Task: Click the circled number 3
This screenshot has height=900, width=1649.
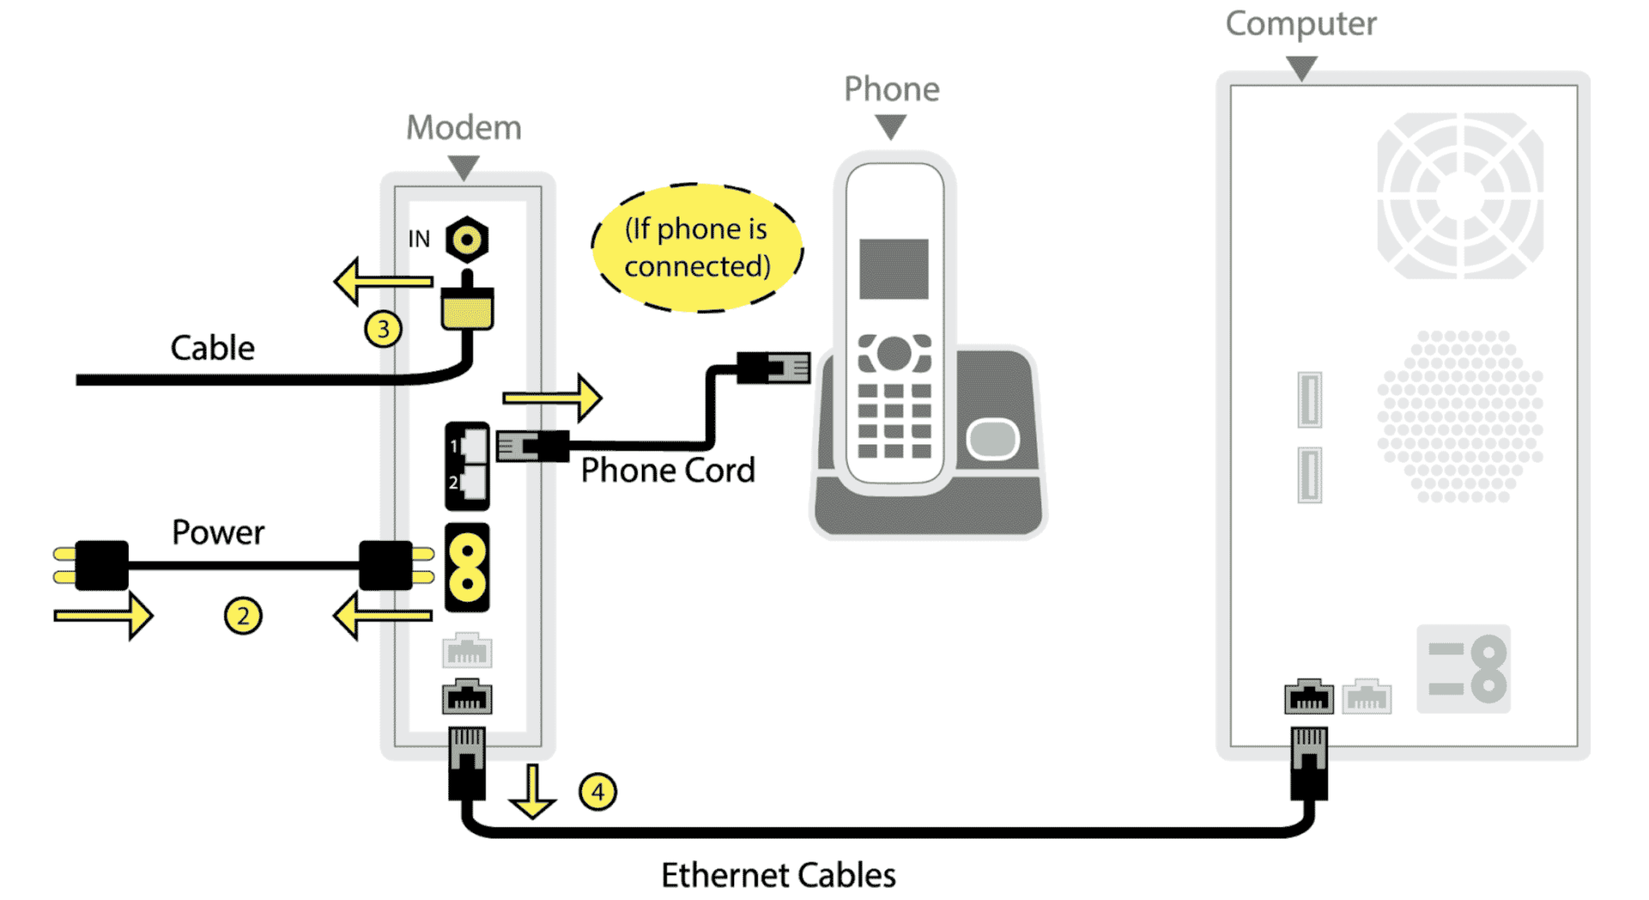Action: click(x=383, y=328)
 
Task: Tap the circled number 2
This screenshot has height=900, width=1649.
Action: click(x=242, y=616)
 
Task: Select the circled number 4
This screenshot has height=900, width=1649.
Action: click(x=597, y=792)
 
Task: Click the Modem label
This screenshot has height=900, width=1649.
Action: click(x=464, y=127)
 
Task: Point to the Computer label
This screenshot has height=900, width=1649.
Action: click(x=1300, y=23)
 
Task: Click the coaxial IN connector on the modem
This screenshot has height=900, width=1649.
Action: click(x=467, y=239)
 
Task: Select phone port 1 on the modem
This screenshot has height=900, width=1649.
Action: click(x=472, y=445)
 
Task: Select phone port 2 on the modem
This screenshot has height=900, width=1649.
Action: click(x=472, y=483)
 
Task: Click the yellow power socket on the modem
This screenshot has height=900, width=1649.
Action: click(x=467, y=567)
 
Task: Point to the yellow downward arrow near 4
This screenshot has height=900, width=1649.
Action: click(x=532, y=792)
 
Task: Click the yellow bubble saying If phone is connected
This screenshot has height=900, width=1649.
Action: click(x=697, y=247)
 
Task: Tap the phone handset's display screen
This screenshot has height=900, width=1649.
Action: click(x=894, y=268)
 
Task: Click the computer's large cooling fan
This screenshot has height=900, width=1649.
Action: click(x=1459, y=196)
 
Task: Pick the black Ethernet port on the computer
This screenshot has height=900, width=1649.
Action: click(x=1308, y=697)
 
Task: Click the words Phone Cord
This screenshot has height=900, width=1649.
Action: click(x=667, y=470)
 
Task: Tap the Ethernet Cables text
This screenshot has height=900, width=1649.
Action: click(x=778, y=875)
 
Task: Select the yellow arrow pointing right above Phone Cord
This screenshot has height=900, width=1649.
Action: click(x=552, y=397)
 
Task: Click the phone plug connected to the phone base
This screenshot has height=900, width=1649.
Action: click(x=773, y=368)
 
